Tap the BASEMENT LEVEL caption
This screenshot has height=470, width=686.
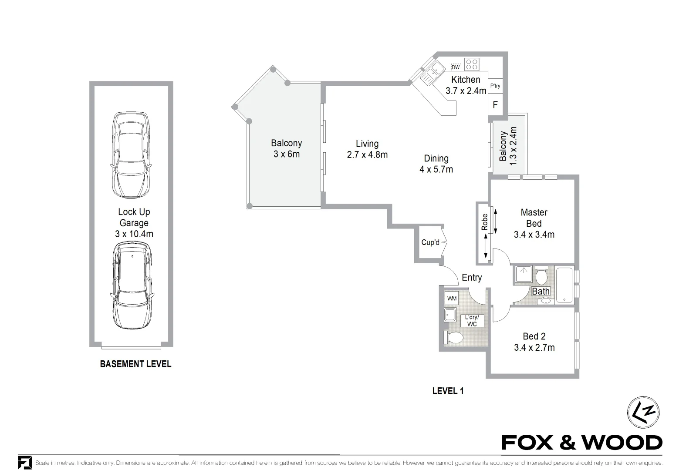135,364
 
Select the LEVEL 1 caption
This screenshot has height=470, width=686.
448,391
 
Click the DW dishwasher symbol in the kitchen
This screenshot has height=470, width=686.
456,67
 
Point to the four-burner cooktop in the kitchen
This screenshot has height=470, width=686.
471,64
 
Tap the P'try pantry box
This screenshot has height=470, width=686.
495,86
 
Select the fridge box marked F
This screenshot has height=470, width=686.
495,105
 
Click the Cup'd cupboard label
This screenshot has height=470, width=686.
430,242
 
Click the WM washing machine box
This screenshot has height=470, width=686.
452,299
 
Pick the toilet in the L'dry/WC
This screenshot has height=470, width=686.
454,338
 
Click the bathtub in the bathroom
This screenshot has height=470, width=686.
564,285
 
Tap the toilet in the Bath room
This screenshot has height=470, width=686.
541,276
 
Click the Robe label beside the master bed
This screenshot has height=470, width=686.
484,222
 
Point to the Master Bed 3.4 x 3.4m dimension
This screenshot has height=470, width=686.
534,235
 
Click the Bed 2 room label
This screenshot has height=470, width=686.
534,336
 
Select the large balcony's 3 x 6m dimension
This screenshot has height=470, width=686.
287,154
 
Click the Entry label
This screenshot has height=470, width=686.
472,277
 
